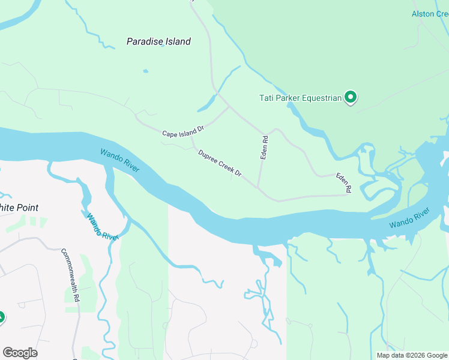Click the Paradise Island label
(x=158, y=41)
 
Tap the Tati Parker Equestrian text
(x=300, y=98)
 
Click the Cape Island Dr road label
(x=183, y=131)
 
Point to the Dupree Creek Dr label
(x=220, y=163)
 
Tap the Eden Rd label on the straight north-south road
(x=264, y=147)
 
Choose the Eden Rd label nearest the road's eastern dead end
(x=343, y=182)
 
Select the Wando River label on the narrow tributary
(x=102, y=226)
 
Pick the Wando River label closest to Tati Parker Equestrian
(x=409, y=218)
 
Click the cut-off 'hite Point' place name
(x=19, y=208)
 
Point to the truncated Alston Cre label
(x=430, y=14)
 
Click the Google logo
(x=20, y=353)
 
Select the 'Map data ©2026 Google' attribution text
(x=411, y=355)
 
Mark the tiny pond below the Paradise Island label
(x=145, y=71)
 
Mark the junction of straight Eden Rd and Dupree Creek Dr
(x=258, y=187)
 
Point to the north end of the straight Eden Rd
(x=264, y=134)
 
